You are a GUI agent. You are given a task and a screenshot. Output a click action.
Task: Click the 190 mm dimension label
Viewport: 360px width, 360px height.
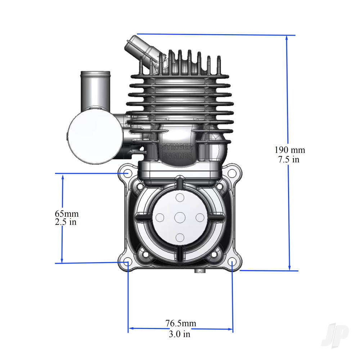[x=289, y=150]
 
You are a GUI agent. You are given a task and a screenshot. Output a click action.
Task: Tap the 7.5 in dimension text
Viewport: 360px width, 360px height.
[x=288, y=159]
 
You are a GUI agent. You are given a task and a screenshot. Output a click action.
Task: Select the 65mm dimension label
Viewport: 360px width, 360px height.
[x=67, y=214]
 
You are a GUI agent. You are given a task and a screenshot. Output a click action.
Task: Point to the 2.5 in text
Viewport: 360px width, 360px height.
[x=66, y=222]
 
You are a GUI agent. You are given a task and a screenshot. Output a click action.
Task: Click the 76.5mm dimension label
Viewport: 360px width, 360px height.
[x=181, y=323]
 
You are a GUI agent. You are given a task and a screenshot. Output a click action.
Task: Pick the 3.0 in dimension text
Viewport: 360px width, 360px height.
[x=179, y=334]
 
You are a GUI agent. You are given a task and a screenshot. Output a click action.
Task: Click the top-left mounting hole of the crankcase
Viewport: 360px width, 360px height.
[x=126, y=173]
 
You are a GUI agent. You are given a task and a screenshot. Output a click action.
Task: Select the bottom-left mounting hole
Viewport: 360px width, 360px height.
[x=126, y=262]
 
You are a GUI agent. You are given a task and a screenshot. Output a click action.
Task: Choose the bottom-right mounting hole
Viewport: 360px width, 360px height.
[x=233, y=262]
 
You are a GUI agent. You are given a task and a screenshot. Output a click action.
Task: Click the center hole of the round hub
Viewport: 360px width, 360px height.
[x=180, y=217]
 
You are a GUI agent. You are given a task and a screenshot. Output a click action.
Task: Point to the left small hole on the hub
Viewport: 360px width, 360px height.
[x=160, y=217]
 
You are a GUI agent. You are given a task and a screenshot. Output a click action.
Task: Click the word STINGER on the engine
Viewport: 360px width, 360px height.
[x=177, y=148]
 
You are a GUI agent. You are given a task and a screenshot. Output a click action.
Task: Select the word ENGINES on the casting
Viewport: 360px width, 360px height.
[x=177, y=156]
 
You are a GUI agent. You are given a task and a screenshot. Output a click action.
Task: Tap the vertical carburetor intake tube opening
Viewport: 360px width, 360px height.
[x=95, y=74]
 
